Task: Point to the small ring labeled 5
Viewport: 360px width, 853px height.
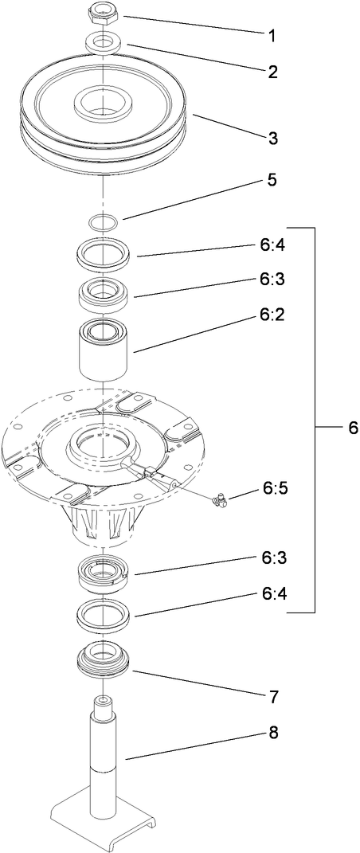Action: (104, 221)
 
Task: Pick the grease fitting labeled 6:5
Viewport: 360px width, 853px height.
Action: (219, 500)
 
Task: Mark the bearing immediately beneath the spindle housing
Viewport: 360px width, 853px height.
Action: (104, 572)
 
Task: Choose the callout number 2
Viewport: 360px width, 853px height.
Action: (272, 72)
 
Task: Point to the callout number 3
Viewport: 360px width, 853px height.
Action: (272, 138)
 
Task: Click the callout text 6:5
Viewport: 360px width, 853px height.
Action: (272, 488)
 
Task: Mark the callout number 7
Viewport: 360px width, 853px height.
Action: (272, 697)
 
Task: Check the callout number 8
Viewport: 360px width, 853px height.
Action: (272, 731)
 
